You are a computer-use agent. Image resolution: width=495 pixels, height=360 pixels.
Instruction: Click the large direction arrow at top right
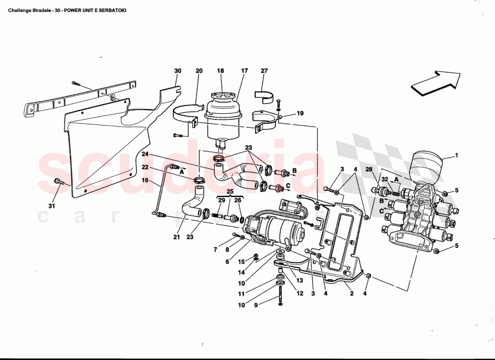coord(436,82)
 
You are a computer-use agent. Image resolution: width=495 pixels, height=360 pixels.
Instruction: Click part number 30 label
coord(178,71)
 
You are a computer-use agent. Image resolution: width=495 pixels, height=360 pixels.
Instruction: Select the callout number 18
coord(220,71)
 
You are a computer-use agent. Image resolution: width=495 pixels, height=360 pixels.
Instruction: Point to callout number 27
coord(264,71)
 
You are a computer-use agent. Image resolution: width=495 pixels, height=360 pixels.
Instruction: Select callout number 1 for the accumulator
coord(456,156)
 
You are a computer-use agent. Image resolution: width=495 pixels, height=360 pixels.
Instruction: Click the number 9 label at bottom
coord(256,306)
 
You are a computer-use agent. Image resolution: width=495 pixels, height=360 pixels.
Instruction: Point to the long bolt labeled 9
coord(280,295)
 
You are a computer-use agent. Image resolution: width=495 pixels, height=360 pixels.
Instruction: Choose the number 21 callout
coord(176,237)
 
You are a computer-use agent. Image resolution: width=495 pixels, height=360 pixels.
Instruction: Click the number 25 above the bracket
coord(230,192)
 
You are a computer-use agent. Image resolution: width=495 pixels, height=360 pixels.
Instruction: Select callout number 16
coord(145,180)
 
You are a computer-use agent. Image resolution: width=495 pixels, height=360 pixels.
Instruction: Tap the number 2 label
coord(352,294)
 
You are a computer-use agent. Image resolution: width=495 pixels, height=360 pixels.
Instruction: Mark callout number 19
coord(300,113)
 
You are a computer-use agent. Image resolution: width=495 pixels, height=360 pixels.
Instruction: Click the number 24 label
coord(145,154)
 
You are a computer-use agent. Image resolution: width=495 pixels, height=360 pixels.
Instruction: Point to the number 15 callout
coord(241,261)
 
